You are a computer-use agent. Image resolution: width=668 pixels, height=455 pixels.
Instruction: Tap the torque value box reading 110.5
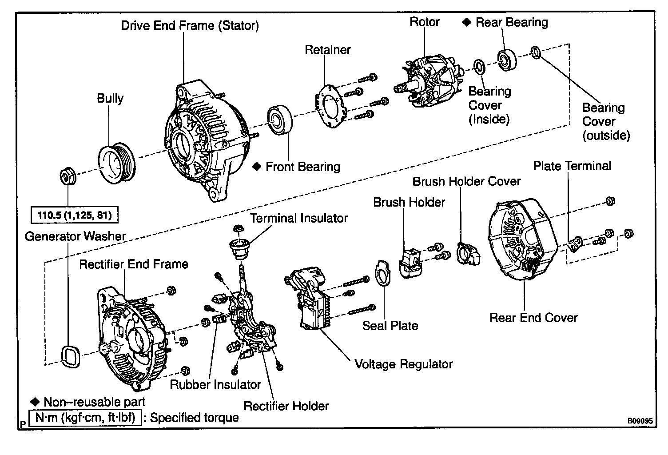pyautogui.click(x=75, y=215)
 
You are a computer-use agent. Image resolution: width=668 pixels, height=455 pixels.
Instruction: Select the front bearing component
pyautogui.click(x=280, y=120)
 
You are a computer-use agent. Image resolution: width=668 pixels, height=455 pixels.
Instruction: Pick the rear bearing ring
pyautogui.click(x=507, y=60)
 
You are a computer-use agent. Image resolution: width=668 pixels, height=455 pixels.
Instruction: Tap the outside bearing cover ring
pyautogui.click(x=536, y=52)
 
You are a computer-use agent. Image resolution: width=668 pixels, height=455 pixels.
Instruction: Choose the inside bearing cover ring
pyautogui.click(x=479, y=67)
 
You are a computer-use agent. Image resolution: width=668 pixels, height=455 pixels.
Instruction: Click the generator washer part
pyautogui.click(x=70, y=356)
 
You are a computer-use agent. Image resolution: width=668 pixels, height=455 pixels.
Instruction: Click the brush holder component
pyautogui.click(x=411, y=263)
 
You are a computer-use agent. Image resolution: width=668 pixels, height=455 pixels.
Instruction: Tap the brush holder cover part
pyautogui.click(x=468, y=254)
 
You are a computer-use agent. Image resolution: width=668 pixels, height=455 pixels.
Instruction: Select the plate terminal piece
pyautogui.click(x=576, y=244)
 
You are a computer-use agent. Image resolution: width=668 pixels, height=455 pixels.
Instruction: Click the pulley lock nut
pyautogui.click(x=68, y=176)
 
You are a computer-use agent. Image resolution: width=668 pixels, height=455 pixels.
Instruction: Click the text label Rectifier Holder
pyautogui.click(x=286, y=406)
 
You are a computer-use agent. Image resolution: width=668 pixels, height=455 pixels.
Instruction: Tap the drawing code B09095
pyautogui.click(x=640, y=421)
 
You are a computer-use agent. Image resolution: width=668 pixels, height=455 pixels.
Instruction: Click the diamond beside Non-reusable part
pyautogui.click(x=35, y=402)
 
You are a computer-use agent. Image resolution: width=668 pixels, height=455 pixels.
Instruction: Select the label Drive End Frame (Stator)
pyautogui.click(x=190, y=26)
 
